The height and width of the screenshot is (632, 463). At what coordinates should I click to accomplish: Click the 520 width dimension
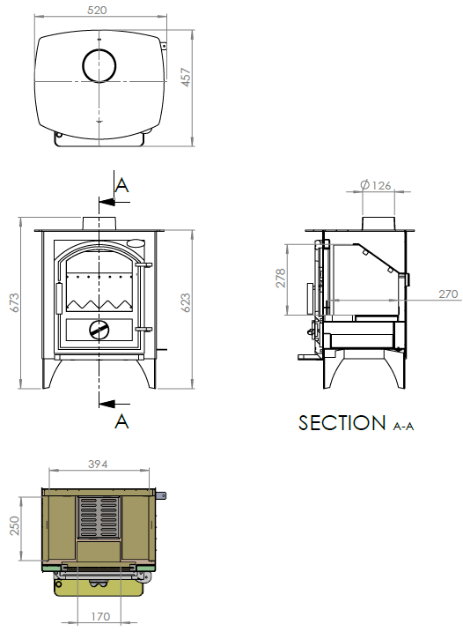[97, 10]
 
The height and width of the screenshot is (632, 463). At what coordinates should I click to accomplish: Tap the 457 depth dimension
[186, 77]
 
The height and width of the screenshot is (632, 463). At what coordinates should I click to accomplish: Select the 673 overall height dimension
[14, 302]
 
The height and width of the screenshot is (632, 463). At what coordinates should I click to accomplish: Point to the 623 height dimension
[186, 302]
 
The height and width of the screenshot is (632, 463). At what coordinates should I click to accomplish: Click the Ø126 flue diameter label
[376, 185]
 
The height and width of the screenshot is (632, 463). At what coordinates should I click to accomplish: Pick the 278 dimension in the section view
[281, 278]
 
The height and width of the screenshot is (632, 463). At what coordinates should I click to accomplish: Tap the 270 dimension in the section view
[448, 294]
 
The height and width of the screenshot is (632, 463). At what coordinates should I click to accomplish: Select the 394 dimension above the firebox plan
[98, 465]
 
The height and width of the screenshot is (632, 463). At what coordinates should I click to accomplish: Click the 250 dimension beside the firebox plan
[14, 525]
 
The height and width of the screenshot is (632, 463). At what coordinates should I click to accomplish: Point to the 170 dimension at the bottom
[99, 617]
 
